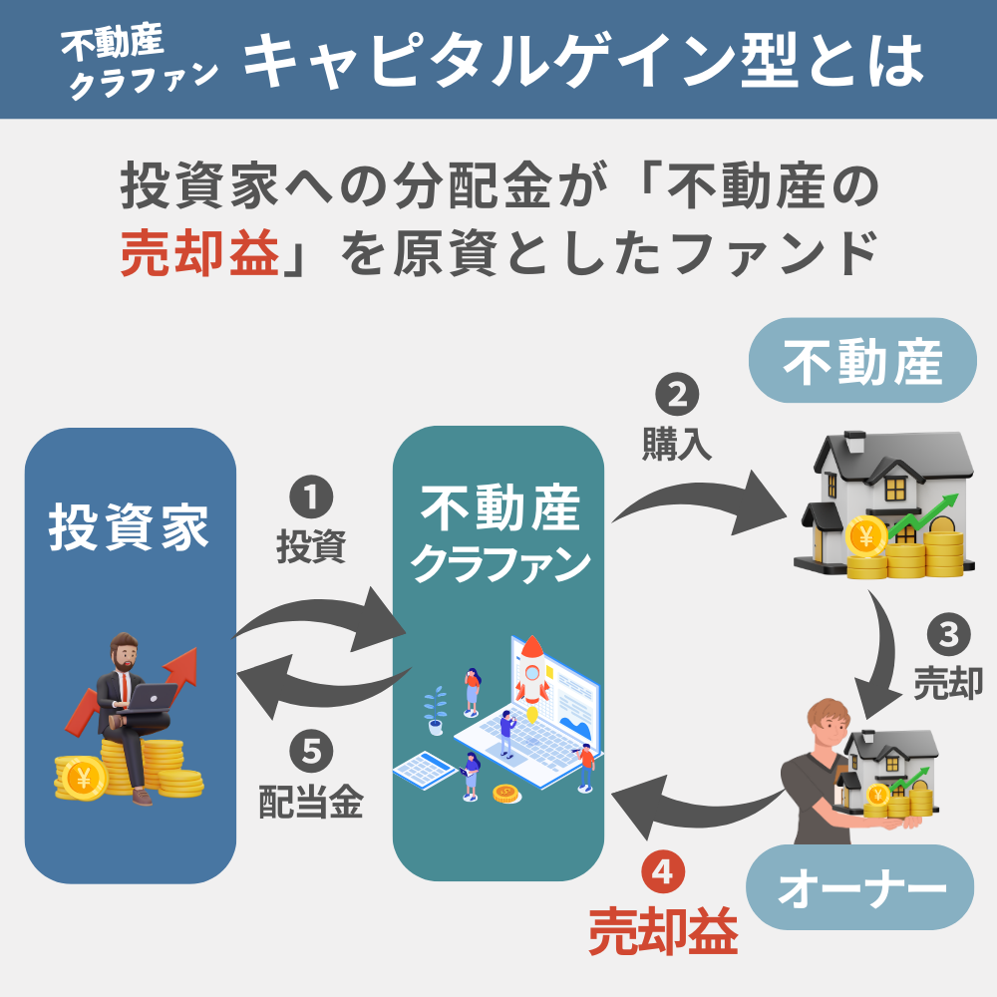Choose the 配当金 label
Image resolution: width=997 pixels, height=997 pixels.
pyautogui.click(x=309, y=801)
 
